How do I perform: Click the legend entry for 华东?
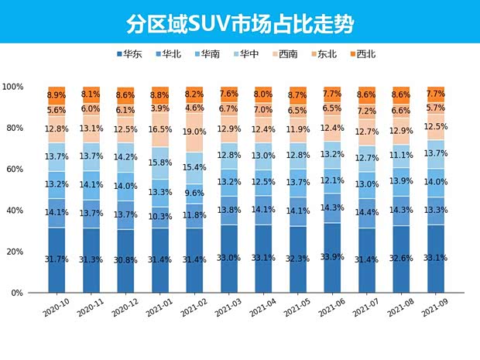pyautogui.click(x=129, y=54)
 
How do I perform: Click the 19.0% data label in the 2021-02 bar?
pyautogui.click(x=195, y=132)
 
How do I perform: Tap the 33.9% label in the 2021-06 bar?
pyautogui.click(x=333, y=258)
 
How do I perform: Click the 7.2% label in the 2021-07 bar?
pyautogui.click(x=368, y=111)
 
